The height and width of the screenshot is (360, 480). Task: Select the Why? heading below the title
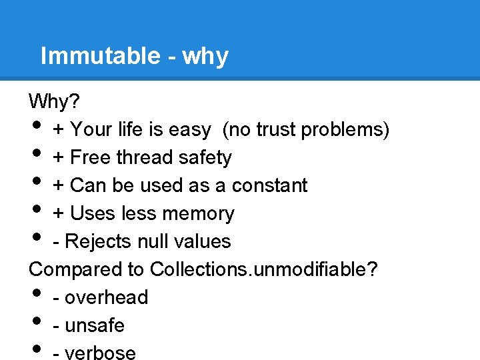(x=54, y=101)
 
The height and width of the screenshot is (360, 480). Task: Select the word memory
(x=201, y=213)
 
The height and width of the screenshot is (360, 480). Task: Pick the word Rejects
(x=106, y=241)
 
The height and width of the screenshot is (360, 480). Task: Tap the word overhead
(x=106, y=297)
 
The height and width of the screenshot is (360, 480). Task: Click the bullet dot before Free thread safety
(x=36, y=155)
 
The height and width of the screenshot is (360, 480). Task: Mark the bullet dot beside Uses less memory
(x=36, y=211)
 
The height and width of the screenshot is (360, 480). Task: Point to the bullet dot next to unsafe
(x=36, y=323)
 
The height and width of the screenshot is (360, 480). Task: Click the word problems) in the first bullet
(x=345, y=129)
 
